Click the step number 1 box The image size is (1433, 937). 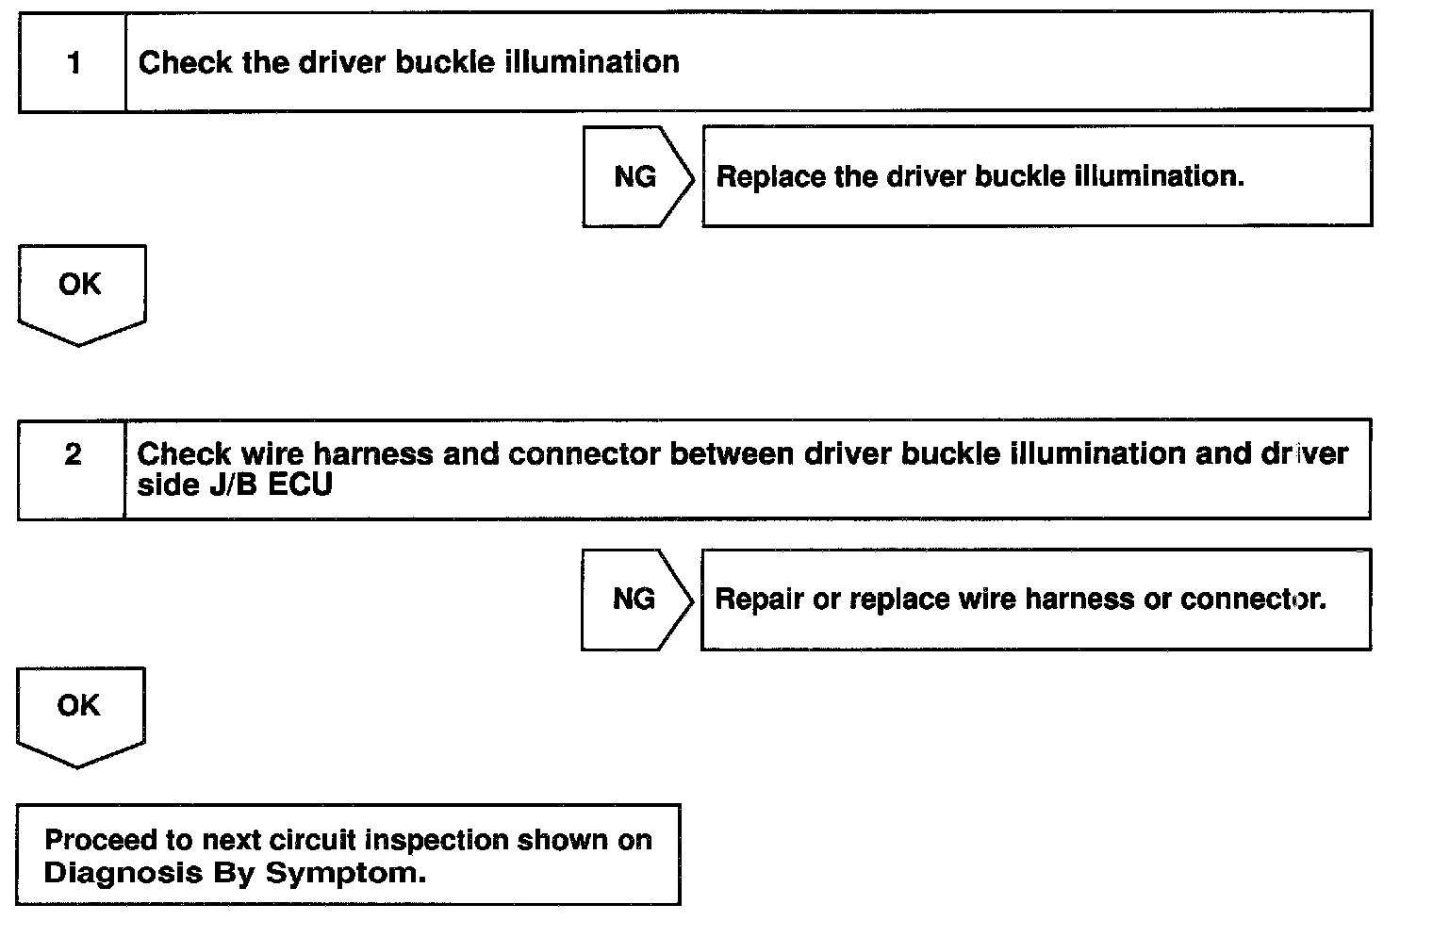73,63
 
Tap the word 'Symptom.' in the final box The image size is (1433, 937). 345,872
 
